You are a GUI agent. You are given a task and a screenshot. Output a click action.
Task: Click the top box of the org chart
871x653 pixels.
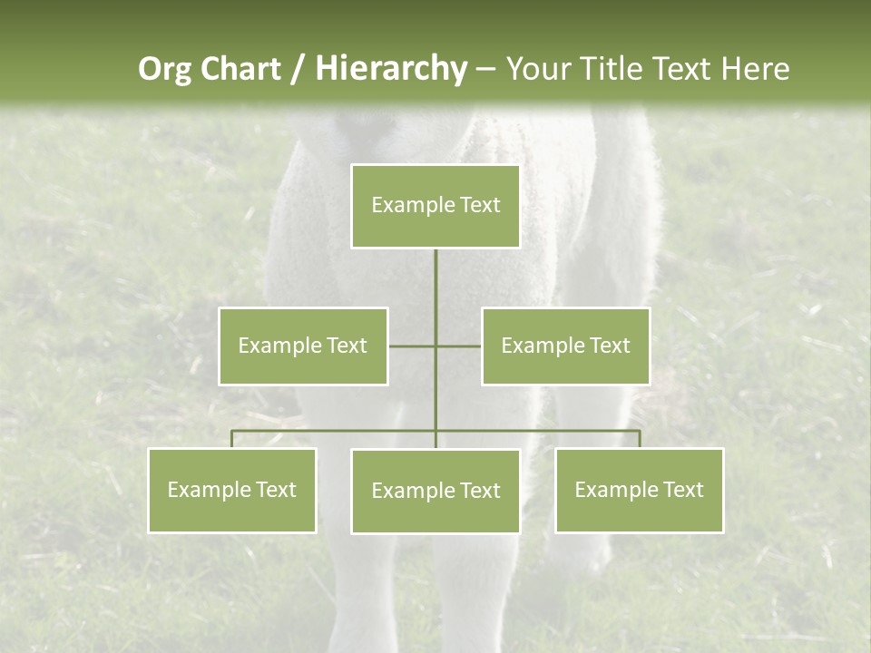point(435,206)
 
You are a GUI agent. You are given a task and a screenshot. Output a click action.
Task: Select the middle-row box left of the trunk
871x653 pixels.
point(303,346)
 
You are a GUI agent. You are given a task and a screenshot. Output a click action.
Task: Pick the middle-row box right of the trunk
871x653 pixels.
point(565,346)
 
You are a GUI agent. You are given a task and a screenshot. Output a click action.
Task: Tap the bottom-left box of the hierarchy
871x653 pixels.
point(232,490)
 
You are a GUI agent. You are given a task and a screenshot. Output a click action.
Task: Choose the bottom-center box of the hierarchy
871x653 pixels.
point(435,491)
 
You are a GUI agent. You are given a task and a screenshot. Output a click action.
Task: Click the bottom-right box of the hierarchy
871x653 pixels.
point(639,490)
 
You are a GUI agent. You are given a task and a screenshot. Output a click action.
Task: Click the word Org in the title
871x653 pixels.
point(164,69)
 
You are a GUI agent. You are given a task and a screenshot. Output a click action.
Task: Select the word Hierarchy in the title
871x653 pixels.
point(390,69)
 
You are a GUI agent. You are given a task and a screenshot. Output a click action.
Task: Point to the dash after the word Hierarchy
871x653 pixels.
point(485,69)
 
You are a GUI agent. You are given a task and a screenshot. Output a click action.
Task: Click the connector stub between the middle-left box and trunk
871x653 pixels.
point(412,346)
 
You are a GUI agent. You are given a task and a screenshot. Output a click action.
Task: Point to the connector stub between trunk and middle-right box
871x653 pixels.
point(459,346)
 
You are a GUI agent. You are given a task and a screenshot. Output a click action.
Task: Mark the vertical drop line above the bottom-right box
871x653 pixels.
point(639,439)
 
